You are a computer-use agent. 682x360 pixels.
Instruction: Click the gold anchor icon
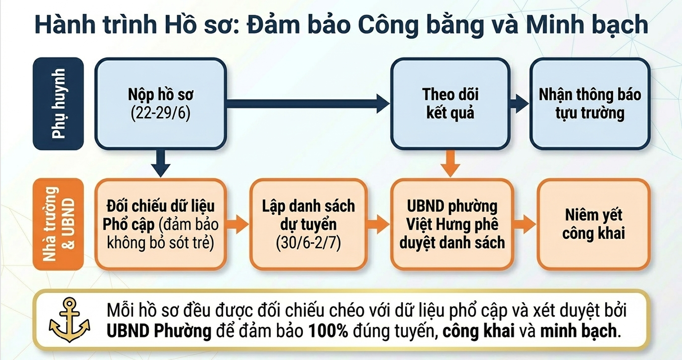(69, 319)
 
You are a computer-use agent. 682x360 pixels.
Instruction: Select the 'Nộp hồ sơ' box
(160, 103)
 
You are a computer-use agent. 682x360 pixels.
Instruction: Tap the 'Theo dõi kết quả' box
(450, 103)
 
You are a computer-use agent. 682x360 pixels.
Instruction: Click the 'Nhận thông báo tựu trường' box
(590, 103)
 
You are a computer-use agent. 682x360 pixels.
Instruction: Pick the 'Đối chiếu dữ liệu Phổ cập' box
(160, 225)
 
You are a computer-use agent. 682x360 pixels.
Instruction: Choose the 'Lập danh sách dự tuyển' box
(308, 225)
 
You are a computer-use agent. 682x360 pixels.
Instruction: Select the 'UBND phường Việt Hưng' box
(452, 225)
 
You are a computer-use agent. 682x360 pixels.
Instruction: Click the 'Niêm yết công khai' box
(594, 225)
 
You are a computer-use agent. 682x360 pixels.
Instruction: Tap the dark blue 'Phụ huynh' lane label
(58, 103)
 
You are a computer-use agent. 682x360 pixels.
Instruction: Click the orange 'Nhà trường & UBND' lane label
(58, 225)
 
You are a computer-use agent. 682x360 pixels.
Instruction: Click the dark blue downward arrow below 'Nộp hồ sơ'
(160, 163)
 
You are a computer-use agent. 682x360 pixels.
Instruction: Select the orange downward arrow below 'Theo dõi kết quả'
(450, 163)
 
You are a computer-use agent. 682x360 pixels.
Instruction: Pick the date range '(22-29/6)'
(160, 114)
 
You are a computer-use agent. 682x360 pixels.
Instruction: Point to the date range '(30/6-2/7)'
(308, 243)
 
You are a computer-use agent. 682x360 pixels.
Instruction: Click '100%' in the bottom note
(328, 331)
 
